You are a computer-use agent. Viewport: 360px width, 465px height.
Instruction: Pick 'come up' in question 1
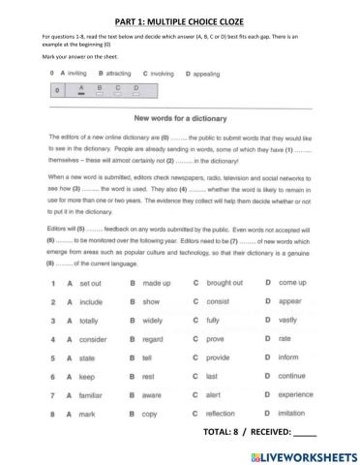(x=292, y=282)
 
